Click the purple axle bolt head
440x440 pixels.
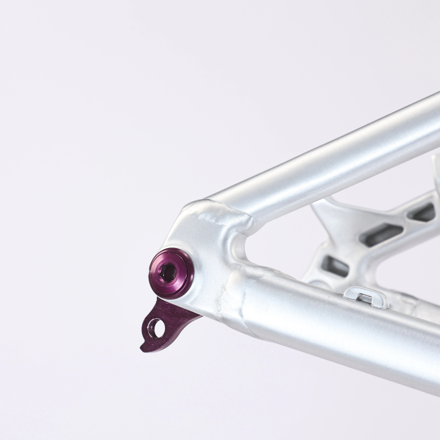coord(171,273)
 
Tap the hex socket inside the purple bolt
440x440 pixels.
coord(168,271)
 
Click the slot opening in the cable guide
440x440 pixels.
coord(365,299)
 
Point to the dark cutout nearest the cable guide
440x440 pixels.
coord(335,266)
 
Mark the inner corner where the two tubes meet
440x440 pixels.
coord(242,248)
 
